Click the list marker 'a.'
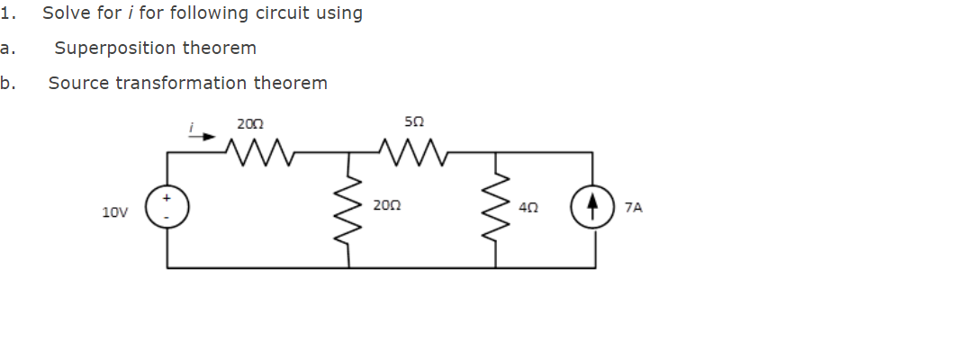click(7, 48)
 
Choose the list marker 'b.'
click(7, 83)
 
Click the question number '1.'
click(7, 13)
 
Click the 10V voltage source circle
click(167, 210)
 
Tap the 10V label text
click(114, 212)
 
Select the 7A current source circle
click(592, 210)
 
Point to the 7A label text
click(633, 207)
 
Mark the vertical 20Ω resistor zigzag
click(349, 210)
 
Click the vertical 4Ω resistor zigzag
click(496, 210)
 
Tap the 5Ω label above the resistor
click(414, 121)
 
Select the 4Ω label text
click(529, 207)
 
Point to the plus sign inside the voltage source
click(167, 199)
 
